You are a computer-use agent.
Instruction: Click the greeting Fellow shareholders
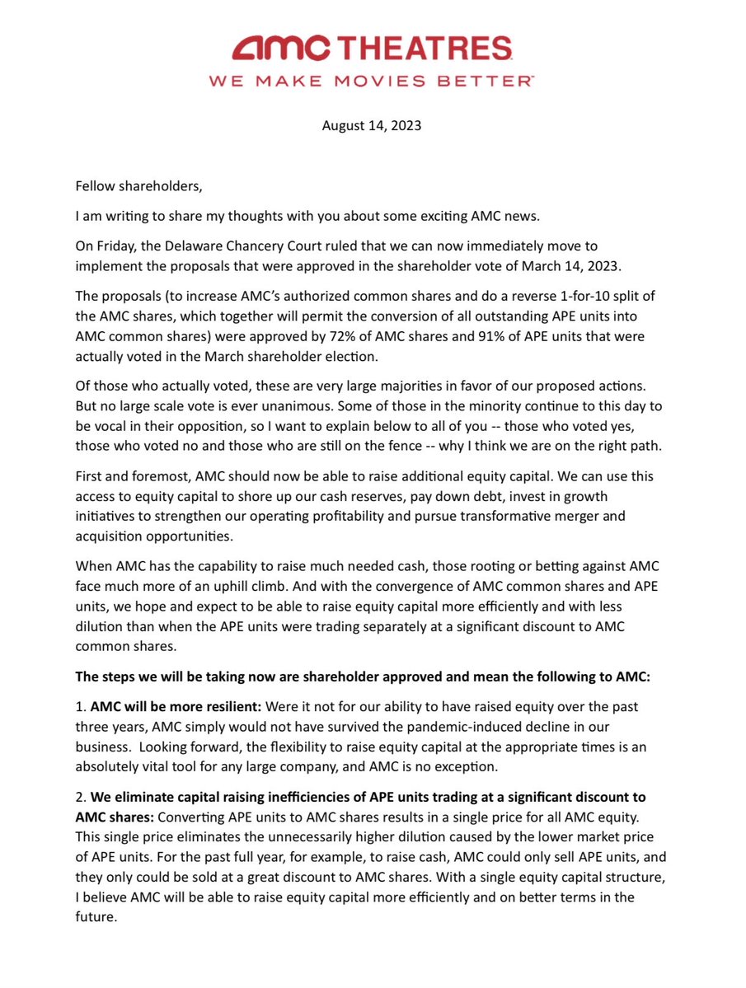138,186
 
